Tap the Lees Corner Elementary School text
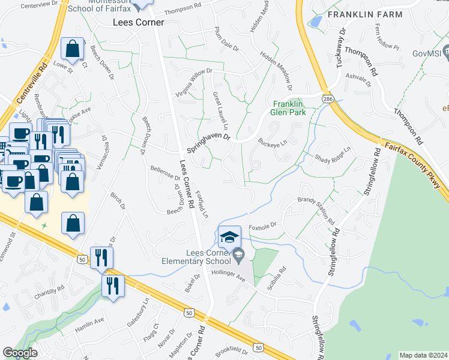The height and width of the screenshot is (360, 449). click(196, 257)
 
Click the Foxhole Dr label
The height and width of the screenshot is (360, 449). click(262, 226)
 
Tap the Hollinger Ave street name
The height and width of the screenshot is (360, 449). click(229, 275)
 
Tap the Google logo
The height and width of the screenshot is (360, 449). click(20, 353)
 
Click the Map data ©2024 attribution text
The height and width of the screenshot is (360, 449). click(423, 355)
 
